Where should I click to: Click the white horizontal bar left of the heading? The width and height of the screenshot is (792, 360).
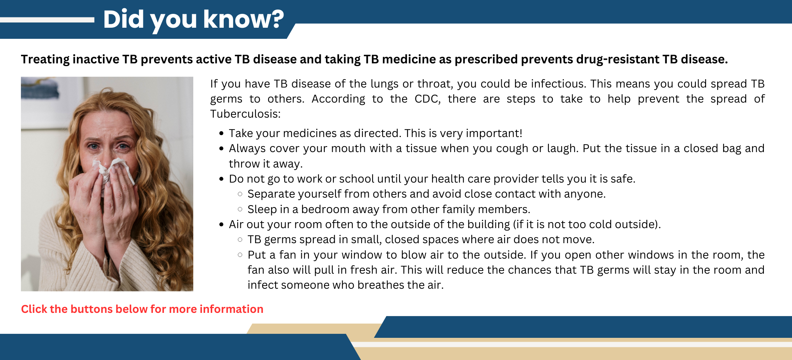tap(47, 20)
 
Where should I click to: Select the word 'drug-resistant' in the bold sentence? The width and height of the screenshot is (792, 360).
tap(617, 59)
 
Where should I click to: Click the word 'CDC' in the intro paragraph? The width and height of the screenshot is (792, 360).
tap(427, 99)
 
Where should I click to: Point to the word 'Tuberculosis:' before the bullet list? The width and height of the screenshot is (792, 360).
tap(245, 114)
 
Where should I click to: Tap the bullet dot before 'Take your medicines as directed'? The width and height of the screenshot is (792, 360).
tap(221, 133)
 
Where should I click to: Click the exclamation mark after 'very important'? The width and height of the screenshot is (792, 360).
tap(520, 133)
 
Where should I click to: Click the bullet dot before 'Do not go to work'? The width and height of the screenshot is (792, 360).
tap(221, 179)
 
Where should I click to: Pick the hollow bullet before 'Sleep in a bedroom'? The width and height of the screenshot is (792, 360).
tap(240, 209)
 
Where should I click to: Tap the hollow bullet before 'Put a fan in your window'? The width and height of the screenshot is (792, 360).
tap(240, 255)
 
